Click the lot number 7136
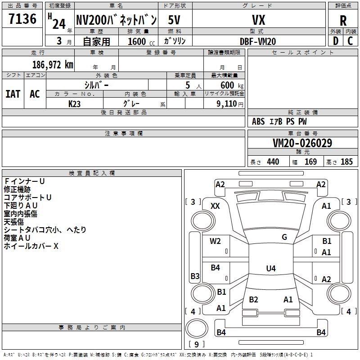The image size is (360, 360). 22,19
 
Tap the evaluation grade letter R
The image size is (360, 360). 343,21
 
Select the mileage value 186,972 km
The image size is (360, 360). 53,64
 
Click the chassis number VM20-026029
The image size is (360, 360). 302,143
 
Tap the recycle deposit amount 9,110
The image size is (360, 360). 229,103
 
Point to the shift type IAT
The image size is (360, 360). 13,94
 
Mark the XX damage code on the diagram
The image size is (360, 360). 215,206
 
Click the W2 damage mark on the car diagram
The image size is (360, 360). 215,241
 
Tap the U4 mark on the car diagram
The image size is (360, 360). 270,269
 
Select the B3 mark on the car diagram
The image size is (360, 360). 195,276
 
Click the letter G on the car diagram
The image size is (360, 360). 284,237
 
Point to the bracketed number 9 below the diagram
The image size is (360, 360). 196,344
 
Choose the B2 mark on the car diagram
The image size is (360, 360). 253,300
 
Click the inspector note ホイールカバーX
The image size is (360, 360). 31,246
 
